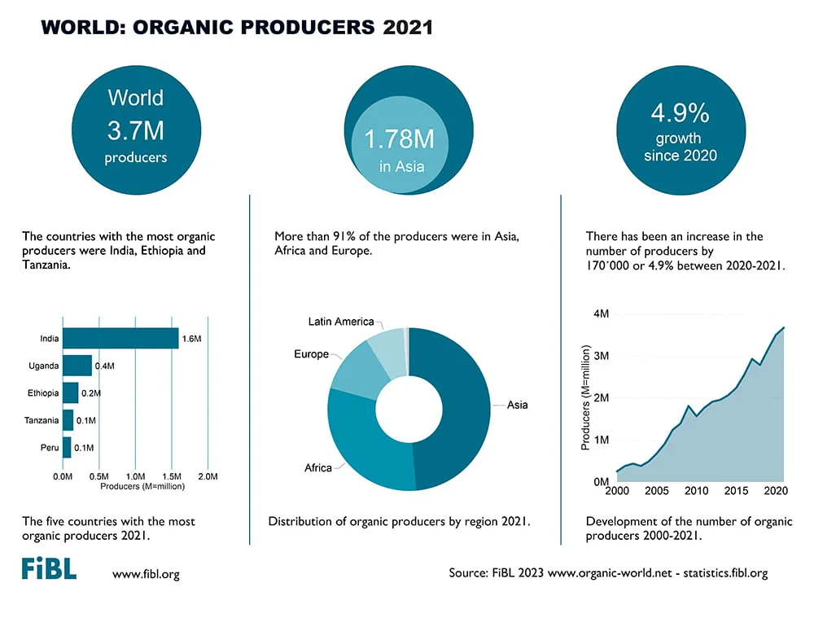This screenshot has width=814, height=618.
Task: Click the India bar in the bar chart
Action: pos(120,338)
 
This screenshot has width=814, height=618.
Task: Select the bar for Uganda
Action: pos(77,366)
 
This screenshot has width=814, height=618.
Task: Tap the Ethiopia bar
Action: pos(71,393)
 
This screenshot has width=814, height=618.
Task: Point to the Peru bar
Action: pos(67,447)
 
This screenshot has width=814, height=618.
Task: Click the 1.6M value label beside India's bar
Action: pos(191,339)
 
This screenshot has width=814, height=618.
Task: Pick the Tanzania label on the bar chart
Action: pos(42,420)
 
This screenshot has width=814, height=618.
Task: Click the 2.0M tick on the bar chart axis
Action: pos(208,476)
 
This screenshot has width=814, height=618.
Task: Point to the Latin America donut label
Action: pos(341,322)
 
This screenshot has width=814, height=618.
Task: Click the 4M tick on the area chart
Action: pos(602,313)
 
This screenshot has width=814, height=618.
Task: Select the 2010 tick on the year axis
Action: pos(696,491)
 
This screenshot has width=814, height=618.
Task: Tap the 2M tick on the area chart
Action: pos(602,398)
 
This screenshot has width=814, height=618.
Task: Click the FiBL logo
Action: pos(50,568)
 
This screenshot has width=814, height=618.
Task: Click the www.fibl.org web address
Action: pos(146,574)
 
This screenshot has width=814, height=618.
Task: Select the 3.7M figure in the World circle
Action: pos(136,130)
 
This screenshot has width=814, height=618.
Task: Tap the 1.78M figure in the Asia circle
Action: pos(399,139)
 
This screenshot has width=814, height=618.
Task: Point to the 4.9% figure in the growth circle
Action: pos(680,112)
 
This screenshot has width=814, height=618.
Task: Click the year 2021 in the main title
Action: pos(408,28)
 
